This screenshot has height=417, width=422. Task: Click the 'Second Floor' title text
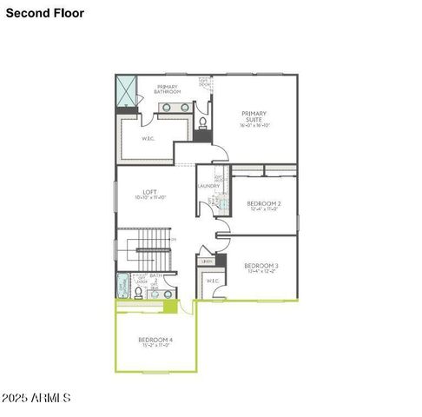coord(40,13)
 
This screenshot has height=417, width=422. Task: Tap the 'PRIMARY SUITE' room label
coord(254,116)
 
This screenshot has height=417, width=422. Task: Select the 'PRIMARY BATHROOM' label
coord(168,89)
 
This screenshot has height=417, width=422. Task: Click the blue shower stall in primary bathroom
coord(127,90)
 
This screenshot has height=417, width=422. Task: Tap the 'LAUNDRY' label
coord(208,185)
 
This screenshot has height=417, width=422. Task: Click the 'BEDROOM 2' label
coord(263,203)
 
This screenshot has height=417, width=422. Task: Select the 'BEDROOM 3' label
coord(260,265)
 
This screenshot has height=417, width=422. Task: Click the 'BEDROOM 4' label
coord(155,339)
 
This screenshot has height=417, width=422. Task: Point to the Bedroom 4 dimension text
coord(155,346)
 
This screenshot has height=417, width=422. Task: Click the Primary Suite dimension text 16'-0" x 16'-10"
coord(254,125)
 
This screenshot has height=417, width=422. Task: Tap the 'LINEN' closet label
coord(207,261)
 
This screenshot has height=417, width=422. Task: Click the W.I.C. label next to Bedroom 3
coord(212,281)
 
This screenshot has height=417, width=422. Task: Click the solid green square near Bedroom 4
coord(171,306)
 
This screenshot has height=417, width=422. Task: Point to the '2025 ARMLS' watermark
coord(36,397)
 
